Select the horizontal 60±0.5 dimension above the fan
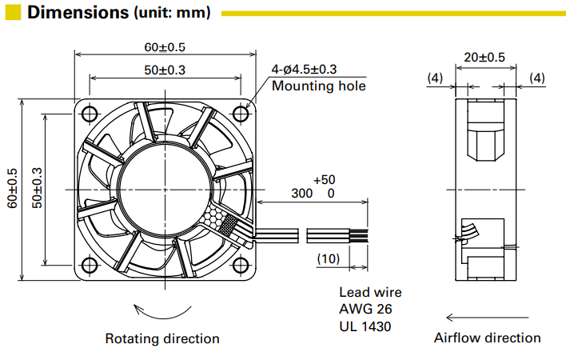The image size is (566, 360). point(165,46)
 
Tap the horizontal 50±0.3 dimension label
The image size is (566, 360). point(165,70)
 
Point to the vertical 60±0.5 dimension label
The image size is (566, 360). point(11,188)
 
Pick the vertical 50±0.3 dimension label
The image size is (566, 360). point(36,188)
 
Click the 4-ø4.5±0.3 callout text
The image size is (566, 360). point(304,70)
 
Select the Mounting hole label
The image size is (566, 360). point(318,86)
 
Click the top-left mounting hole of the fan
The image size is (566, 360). point(88,111)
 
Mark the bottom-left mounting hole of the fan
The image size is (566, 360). point(88,265)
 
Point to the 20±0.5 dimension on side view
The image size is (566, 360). point(484,57)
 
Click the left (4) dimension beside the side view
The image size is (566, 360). point(435,78)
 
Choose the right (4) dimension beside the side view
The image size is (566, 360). point(536,78)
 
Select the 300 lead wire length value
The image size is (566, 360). point(301,194)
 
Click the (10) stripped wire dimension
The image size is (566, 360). point(329,258)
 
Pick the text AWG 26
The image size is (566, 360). point(365,309)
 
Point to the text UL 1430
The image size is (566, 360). point(365,326)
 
